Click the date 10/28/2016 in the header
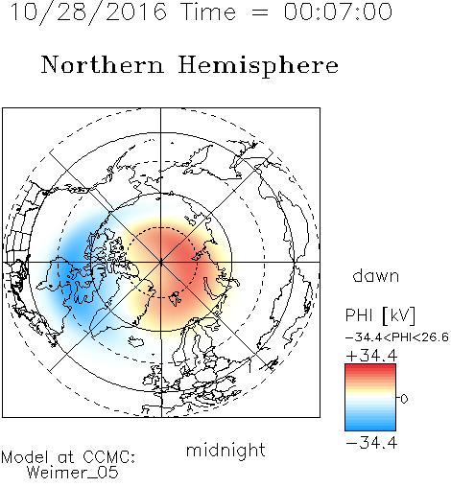[x=88, y=12]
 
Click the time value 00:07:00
[x=338, y=12]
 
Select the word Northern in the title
[x=103, y=65]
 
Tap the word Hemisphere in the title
[x=258, y=66]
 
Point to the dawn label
[x=376, y=275]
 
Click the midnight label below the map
[x=225, y=451]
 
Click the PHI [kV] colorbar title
[x=380, y=315]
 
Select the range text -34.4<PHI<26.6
[x=397, y=337]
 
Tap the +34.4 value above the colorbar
[x=371, y=356]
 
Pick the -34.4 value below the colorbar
[x=371, y=443]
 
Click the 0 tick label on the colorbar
[x=404, y=399]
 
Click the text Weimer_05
[x=73, y=473]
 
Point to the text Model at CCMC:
[x=68, y=457]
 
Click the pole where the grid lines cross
[x=161, y=262]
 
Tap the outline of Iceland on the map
[x=136, y=341]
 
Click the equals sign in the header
[x=260, y=12]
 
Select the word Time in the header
[x=208, y=12]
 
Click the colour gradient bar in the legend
[x=370, y=397]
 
